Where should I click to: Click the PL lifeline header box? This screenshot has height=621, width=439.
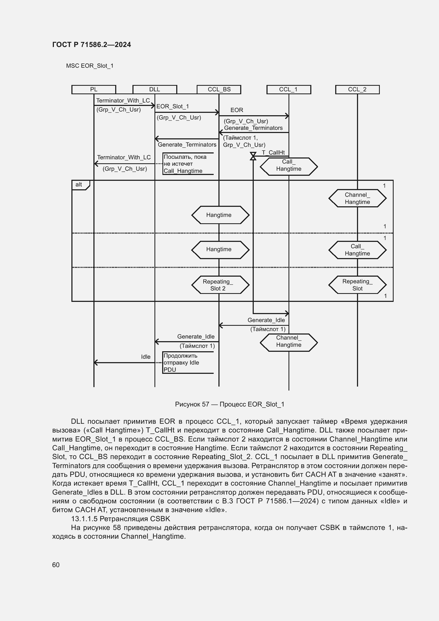click(93, 89)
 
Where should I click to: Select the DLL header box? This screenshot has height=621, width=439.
click(155, 89)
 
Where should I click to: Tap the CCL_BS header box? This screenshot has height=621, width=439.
click(219, 89)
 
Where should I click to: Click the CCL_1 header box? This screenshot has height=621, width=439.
click(289, 89)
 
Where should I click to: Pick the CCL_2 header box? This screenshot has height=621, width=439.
click(357, 89)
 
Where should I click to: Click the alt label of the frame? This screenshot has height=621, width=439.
click(79, 185)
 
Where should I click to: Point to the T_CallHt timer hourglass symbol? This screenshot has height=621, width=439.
click(253, 156)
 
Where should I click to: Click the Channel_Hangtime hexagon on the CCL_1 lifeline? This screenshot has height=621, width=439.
click(289, 342)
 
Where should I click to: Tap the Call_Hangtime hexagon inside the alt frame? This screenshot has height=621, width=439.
click(357, 250)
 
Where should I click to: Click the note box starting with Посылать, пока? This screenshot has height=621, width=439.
click(188, 164)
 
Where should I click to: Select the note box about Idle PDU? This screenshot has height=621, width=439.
click(188, 362)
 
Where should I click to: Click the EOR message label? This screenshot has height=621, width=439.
click(237, 110)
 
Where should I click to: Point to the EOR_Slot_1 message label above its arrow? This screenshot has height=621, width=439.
click(173, 106)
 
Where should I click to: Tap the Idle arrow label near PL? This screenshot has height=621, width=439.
click(146, 357)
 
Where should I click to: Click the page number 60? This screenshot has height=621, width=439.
click(56, 565)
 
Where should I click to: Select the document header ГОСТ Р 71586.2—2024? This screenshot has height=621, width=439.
click(91, 45)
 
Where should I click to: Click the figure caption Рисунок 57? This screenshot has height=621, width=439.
click(230, 404)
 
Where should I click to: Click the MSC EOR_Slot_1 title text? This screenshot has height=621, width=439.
click(90, 66)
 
